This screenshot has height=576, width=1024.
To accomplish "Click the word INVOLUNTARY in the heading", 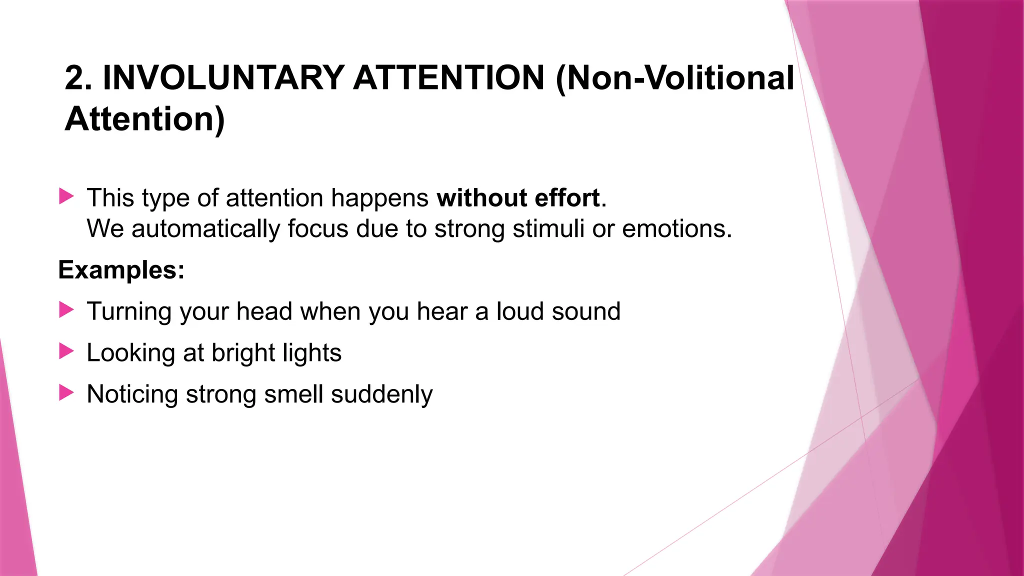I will pos(223,78).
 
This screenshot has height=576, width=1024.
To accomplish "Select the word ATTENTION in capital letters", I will pos(448,78).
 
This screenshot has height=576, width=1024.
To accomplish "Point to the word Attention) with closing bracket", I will pos(145,119).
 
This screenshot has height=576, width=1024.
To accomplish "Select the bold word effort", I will pos(567,198).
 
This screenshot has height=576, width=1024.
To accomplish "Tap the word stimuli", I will pos(548,229).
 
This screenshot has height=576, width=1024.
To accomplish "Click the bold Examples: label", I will pos(121,270).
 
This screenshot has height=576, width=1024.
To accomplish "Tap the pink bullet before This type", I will pos(66,196).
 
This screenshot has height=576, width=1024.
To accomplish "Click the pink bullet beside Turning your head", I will pos(66,309).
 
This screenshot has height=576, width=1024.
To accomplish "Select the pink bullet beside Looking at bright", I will pos(66,351).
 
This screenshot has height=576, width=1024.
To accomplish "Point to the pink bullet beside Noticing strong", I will pos(66,392).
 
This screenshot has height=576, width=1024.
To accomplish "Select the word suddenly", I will pos(381,394).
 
